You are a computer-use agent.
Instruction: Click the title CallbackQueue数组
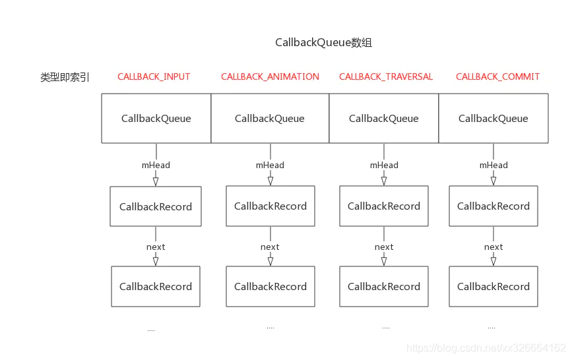[323, 43]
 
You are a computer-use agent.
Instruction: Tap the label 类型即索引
[65, 77]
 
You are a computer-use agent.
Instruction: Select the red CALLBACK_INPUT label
[154, 76]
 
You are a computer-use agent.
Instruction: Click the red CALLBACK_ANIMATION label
[270, 76]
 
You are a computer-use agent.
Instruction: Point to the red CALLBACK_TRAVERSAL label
[386, 76]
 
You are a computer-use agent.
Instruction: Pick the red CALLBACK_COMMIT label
[497, 76]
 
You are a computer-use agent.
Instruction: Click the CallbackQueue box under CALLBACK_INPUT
[156, 118]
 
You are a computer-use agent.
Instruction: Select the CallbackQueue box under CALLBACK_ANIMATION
[270, 118]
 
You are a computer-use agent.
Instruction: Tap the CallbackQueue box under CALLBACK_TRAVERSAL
[384, 118]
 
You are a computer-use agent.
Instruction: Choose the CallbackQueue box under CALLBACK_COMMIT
[493, 118]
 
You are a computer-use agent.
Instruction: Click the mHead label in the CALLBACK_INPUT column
[156, 165]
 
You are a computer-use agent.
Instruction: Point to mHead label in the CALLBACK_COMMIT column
[493, 165]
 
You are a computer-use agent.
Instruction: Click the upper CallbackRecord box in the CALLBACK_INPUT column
[156, 206]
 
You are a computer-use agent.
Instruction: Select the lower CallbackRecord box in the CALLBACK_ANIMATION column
[270, 286]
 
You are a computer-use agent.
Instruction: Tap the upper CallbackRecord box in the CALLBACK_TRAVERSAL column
[384, 206]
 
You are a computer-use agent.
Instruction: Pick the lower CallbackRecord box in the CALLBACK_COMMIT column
[493, 286]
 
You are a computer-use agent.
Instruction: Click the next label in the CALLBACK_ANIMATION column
[270, 247]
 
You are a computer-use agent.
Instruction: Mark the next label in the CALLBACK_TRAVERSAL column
[384, 247]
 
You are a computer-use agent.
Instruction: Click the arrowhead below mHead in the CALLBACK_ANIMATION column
[270, 181]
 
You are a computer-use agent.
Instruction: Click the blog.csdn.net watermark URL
[486, 348]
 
